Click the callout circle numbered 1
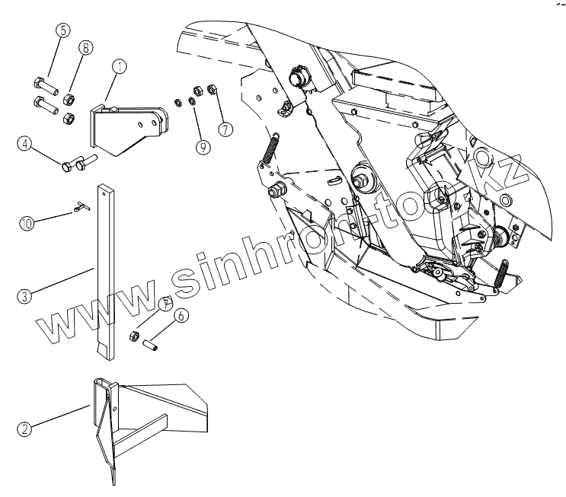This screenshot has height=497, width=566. (x=120, y=66)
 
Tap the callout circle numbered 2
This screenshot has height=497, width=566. (x=25, y=429)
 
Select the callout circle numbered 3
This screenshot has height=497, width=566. (x=25, y=296)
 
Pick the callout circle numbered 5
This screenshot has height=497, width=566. (x=62, y=31)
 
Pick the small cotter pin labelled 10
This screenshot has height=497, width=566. (x=82, y=205)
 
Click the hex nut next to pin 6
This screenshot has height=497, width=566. (x=133, y=336)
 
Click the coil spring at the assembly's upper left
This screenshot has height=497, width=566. (x=270, y=145)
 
